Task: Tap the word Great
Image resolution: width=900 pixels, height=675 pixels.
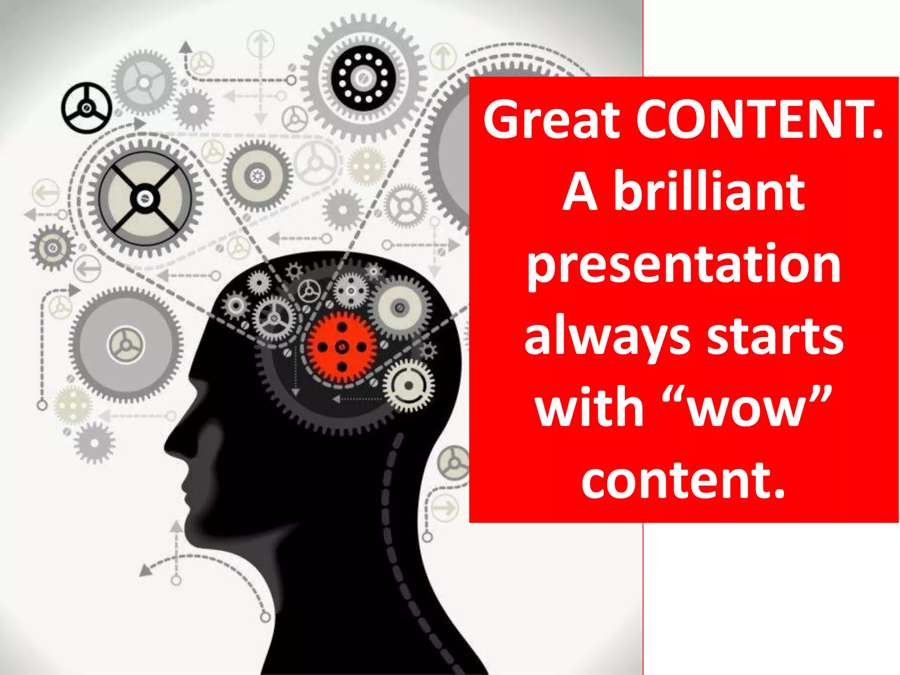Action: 552,120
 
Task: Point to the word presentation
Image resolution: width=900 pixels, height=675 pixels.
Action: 684,265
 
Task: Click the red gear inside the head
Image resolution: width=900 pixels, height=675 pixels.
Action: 342,347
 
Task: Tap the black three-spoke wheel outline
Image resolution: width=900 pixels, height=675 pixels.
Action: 86,108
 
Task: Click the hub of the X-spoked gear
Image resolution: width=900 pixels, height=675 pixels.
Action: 144,199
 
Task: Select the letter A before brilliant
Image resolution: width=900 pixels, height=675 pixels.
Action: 580,192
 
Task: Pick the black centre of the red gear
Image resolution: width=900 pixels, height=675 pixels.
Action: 342,347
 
